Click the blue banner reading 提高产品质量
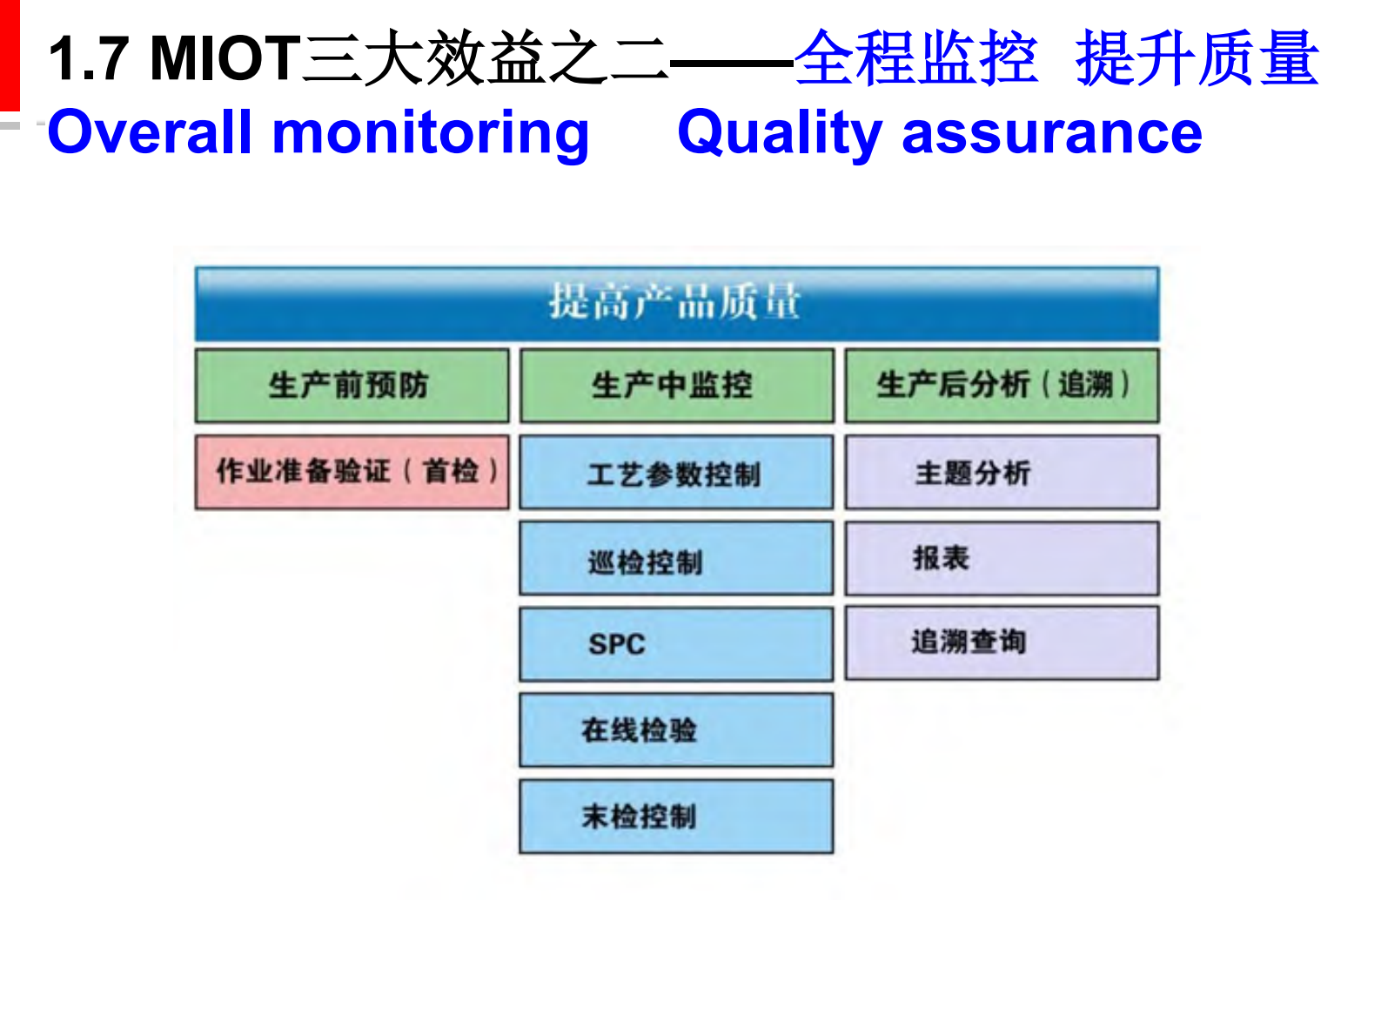pyautogui.click(x=676, y=302)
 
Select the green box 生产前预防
pyautogui.click(x=352, y=386)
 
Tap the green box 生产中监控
pyautogui.click(x=676, y=386)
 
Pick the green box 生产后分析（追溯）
pyautogui.click(x=1002, y=386)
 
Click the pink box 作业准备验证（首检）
pyautogui.click(x=352, y=472)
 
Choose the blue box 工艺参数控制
pyautogui.click(x=676, y=474)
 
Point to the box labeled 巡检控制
pyautogui.click(x=676, y=560)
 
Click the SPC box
pyautogui.click(x=676, y=644)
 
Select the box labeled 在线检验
pyautogui.click(x=676, y=730)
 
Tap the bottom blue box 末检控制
pyautogui.click(x=676, y=816)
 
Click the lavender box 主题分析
pyautogui.click(x=1002, y=473)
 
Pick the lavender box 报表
pyautogui.click(x=1002, y=558)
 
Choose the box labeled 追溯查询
pyautogui.click(x=1002, y=642)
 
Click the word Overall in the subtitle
pyautogui.click(x=149, y=133)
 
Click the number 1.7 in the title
pyautogui.click(x=89, y=59)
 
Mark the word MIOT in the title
pyautogui.click(x=225, y=59)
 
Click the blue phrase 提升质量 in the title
pyautogui.click(x=1197, y=59)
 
